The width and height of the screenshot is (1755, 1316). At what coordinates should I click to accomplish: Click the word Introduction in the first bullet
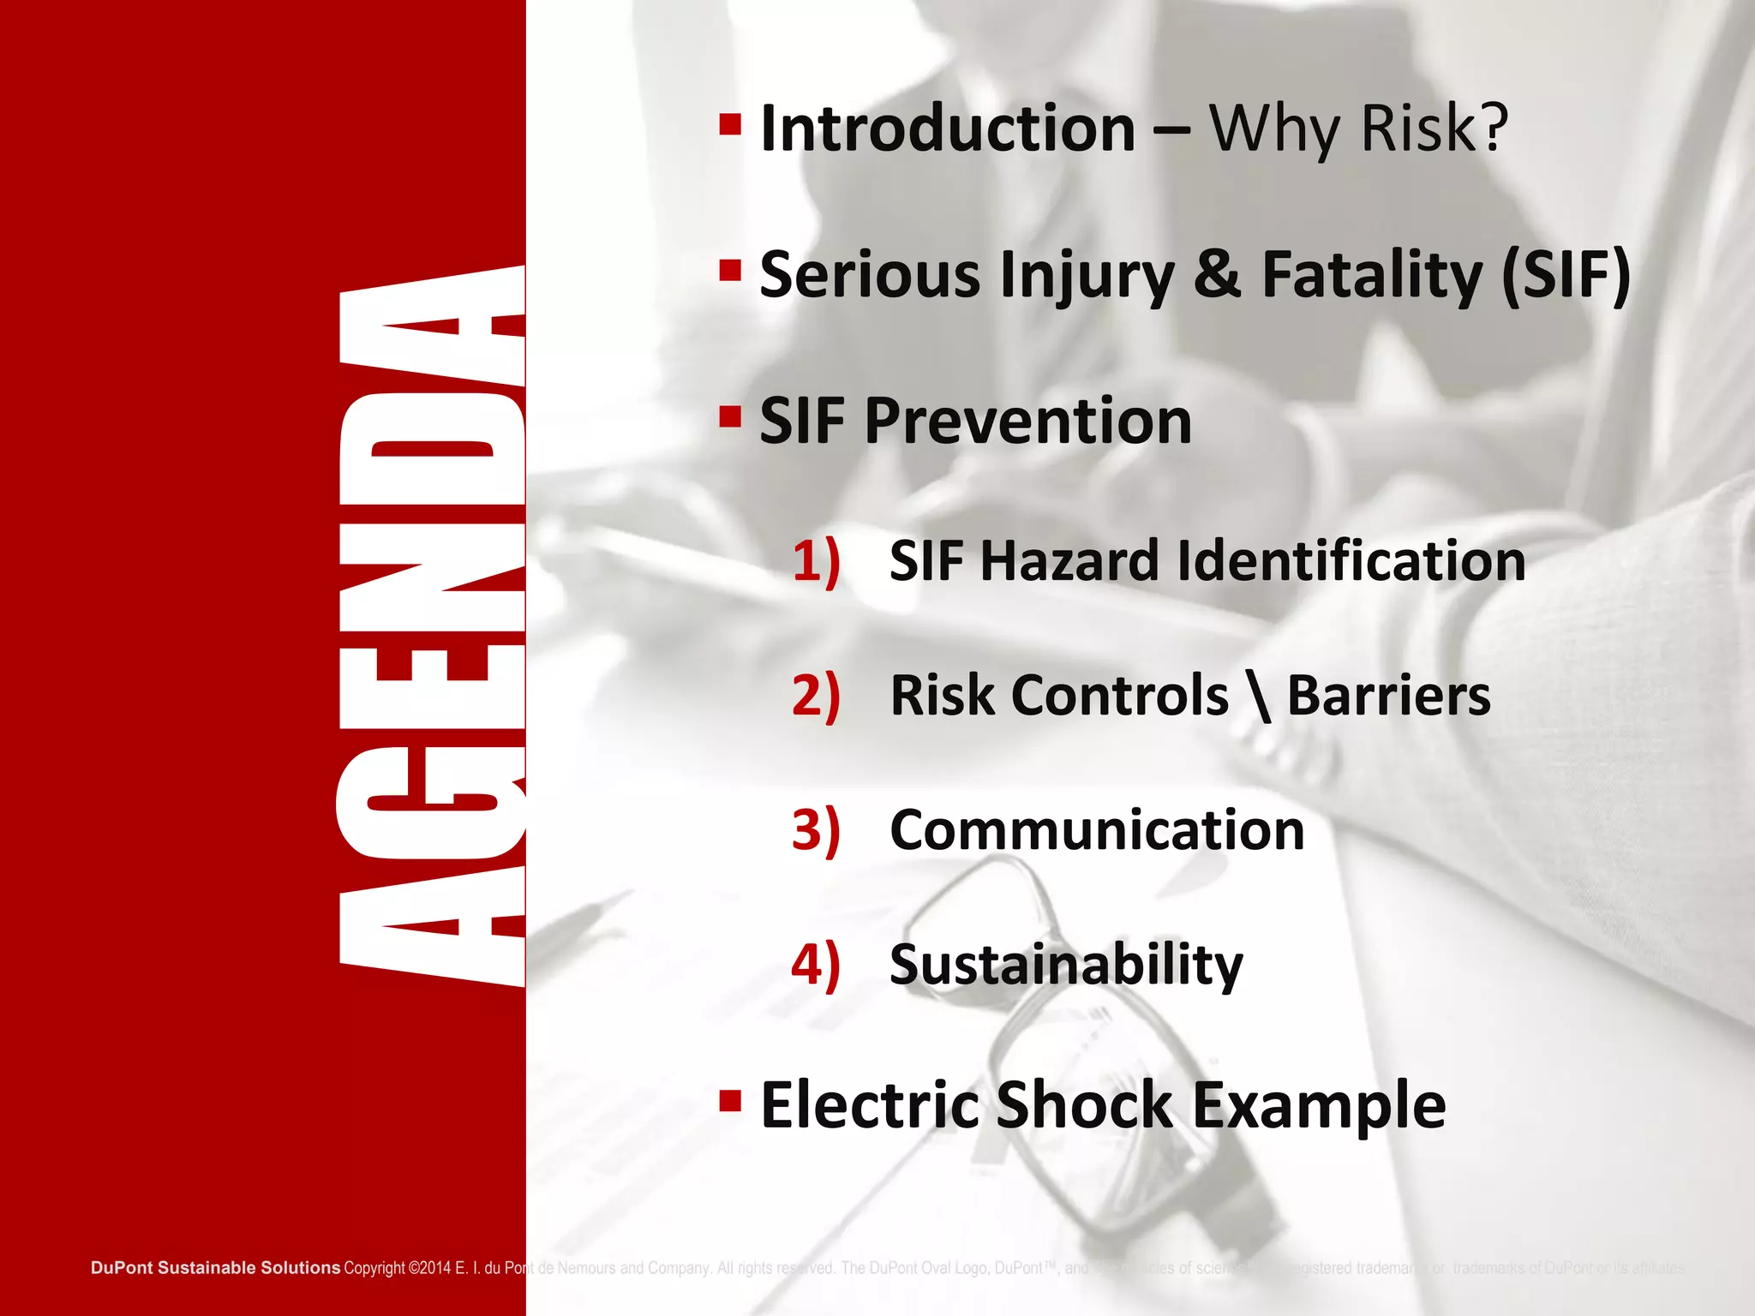click(x=947, y=129)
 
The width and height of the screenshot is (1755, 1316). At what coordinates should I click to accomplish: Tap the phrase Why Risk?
click(x=1358, y=129)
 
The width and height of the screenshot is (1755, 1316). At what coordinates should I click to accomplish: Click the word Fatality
click(x=1372, y=275)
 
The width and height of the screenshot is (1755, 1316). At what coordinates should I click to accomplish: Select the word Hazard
click(x=1070, y=561)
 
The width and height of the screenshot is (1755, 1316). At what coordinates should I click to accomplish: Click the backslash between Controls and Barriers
click(x=1259, y=697)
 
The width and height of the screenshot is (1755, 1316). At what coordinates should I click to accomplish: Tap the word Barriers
click(x=1389, y=695)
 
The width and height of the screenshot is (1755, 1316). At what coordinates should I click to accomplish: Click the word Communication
click(x=1097, y=829)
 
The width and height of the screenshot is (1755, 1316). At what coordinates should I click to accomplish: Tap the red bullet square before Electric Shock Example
click(x=729, y=1100)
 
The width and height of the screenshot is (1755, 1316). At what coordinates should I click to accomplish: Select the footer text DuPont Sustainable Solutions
click(x=215, y=1267)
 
